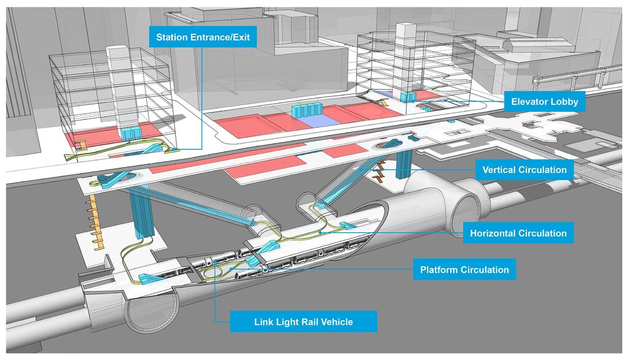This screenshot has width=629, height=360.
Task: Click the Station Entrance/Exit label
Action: tap(203, 37)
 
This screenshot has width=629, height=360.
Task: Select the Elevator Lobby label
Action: tap(544, 102)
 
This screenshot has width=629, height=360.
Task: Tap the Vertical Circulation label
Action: tap(524, 170)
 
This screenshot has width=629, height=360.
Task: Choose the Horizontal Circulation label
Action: tap(518, 233)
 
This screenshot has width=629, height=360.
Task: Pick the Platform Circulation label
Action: tap(464, 270)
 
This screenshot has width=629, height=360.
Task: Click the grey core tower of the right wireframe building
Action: tap(407, 55)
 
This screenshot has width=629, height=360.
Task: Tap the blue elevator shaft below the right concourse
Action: tap(404, 162)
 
